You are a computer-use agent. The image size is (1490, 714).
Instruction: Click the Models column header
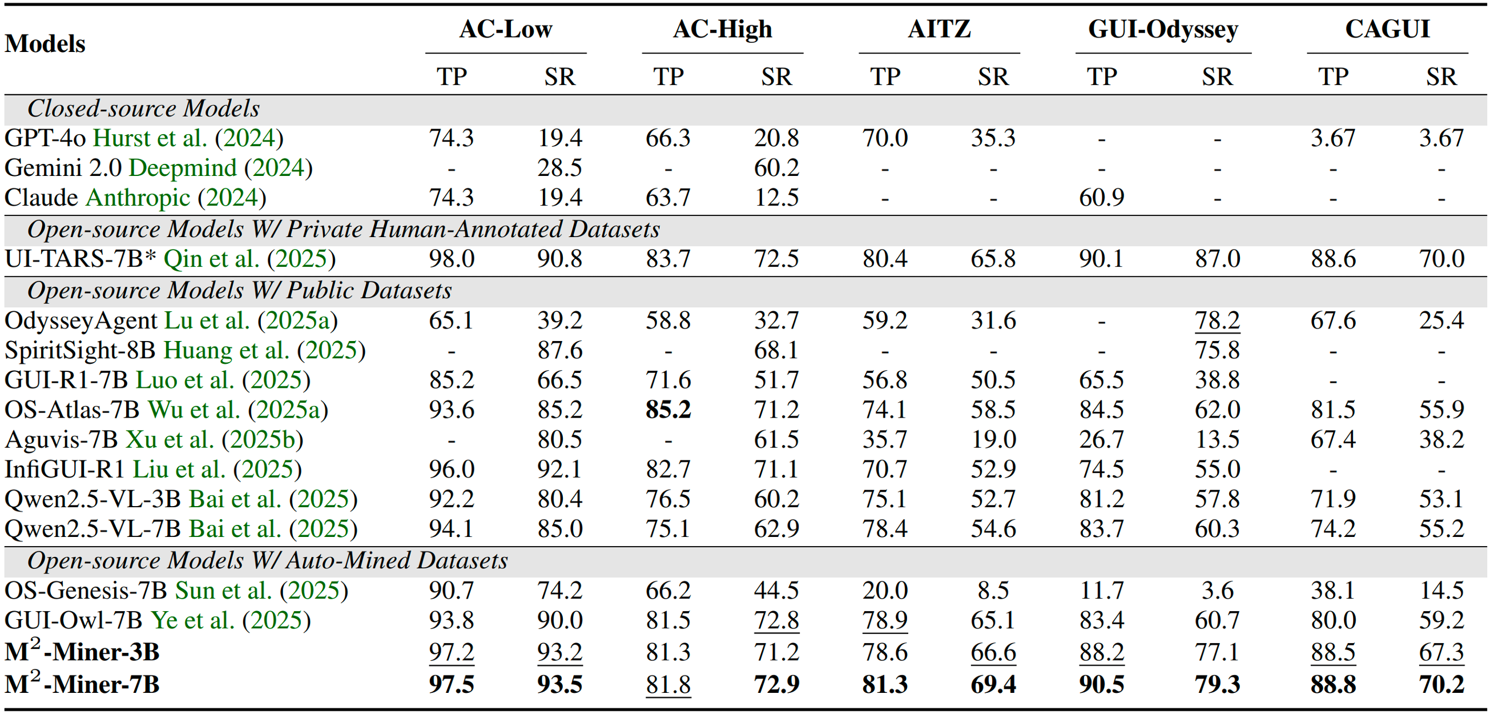45,44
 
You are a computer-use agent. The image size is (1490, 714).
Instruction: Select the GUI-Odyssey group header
1163,29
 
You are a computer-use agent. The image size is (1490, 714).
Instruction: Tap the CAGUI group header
1387,29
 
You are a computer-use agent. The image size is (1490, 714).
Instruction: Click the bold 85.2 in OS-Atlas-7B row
668,410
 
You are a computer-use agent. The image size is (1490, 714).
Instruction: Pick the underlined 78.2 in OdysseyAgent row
1217,320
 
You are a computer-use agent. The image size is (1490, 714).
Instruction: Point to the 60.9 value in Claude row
1101,198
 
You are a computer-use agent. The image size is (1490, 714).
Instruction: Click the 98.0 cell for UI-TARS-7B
451,259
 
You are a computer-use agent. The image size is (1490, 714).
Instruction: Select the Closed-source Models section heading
143,109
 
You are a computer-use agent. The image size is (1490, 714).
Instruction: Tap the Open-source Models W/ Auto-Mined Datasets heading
267,561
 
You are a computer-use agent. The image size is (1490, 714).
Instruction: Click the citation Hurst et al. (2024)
188,138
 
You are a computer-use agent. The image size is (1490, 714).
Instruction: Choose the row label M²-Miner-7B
82,684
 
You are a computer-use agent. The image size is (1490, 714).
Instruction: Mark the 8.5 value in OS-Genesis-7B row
993,591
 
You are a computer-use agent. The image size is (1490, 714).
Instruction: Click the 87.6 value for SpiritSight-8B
559,351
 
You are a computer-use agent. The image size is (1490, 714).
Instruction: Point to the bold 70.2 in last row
1441,684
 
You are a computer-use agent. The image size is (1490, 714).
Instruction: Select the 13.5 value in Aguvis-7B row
1217,440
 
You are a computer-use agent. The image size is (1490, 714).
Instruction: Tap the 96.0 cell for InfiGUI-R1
451,470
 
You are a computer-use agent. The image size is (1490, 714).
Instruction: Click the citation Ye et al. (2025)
231,620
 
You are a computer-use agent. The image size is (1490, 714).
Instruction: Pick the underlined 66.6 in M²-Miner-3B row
993,652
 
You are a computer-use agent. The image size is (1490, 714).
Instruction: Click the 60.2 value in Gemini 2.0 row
776,168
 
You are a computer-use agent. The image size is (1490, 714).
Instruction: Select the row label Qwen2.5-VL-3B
92,499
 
